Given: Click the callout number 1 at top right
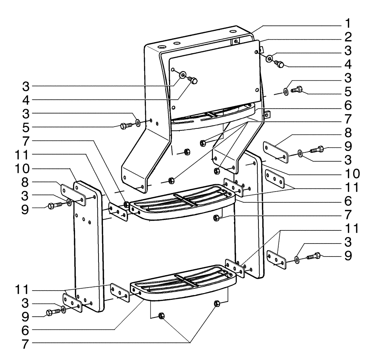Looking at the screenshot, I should pos(347,24).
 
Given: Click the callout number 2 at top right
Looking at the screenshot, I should pos(347,37).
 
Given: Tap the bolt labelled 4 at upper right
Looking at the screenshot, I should pos(279,64).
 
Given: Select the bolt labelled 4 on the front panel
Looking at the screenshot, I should pos(193,80).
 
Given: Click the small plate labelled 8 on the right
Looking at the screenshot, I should pos(276,152).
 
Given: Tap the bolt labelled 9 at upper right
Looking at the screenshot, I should pos(317,149).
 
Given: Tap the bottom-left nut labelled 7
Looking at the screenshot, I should pos(162,316).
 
